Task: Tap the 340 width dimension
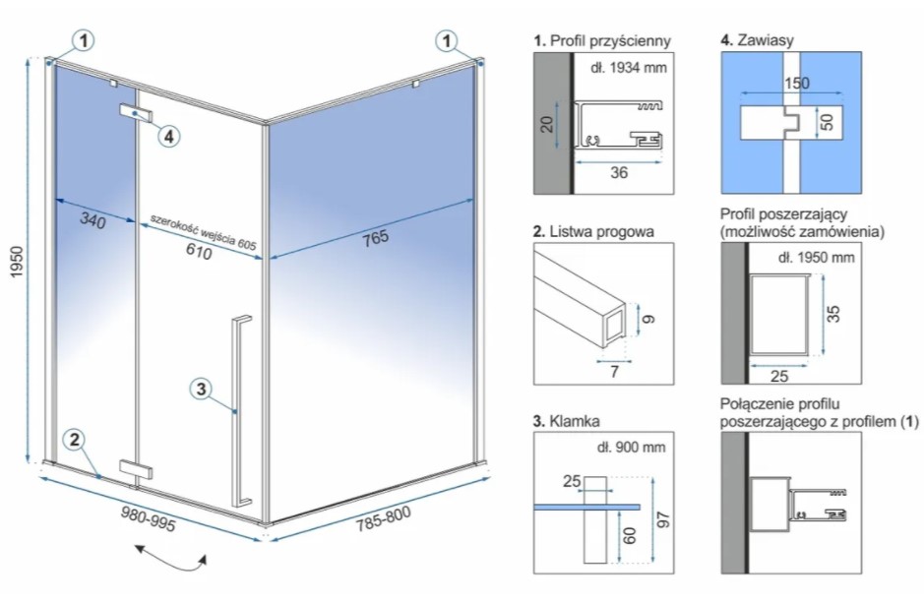pyautogui.click(x=92, y=221)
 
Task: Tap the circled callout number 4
pyautogui.click(x=169, y=136)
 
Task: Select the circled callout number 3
pyautogui.click(x=200, y=390)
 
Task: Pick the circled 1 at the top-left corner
pyautogui.click(x=86, y=40)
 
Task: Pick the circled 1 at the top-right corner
pyautogui.click(x=449, y=40)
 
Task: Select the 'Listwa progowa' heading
pyautogui.click(x=599, y=232)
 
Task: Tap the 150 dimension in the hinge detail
pyautogui.click(x=797, y=83)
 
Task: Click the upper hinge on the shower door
pyautogui.click(x=135, y=112)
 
